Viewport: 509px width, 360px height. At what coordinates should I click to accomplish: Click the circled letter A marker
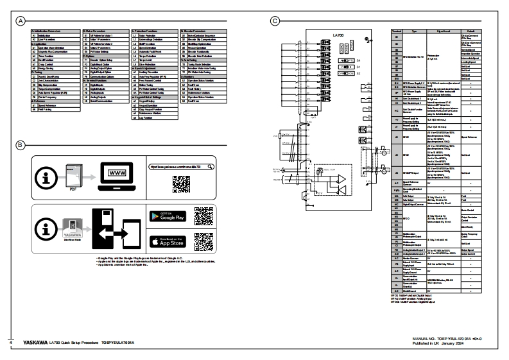point(21,21)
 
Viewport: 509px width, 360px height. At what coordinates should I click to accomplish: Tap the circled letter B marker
point(21,144)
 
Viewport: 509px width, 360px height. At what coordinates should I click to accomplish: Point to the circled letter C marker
point(275,21)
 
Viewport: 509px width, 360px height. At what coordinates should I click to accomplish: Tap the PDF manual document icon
point(74,173)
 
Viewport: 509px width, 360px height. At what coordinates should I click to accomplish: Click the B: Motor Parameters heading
point(106,30)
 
